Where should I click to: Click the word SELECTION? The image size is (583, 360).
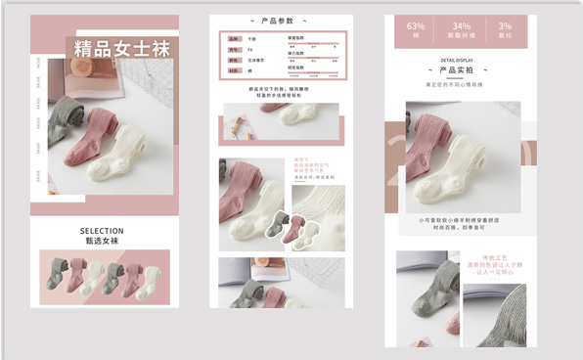102,231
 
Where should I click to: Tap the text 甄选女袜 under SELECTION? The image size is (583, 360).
102,241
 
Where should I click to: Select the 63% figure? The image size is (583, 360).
416,25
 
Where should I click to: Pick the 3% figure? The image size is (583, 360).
505,25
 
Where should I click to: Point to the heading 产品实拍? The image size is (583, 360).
457,70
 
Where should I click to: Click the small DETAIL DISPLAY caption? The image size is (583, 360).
457,60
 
